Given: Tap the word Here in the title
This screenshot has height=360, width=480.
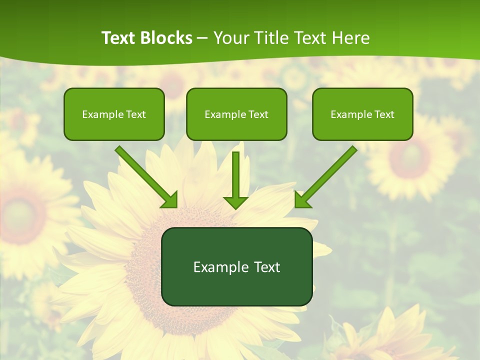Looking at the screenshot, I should coord(348,38).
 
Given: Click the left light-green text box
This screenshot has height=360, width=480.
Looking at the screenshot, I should coord(114,128).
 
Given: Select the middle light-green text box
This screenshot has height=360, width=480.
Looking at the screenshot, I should coord(236,128).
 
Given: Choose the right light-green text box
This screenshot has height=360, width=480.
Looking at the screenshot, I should coord(362,128).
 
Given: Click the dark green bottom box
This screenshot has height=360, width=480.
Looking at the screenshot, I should coord(236,287).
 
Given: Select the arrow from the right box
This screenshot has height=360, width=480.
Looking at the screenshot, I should coord(327,175).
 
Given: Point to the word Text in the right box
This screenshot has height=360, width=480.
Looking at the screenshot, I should coord(384,114).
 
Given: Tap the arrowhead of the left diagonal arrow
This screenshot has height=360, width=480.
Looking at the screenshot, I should coord(170,200).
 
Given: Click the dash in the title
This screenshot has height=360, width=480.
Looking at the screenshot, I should coord(202,38).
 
